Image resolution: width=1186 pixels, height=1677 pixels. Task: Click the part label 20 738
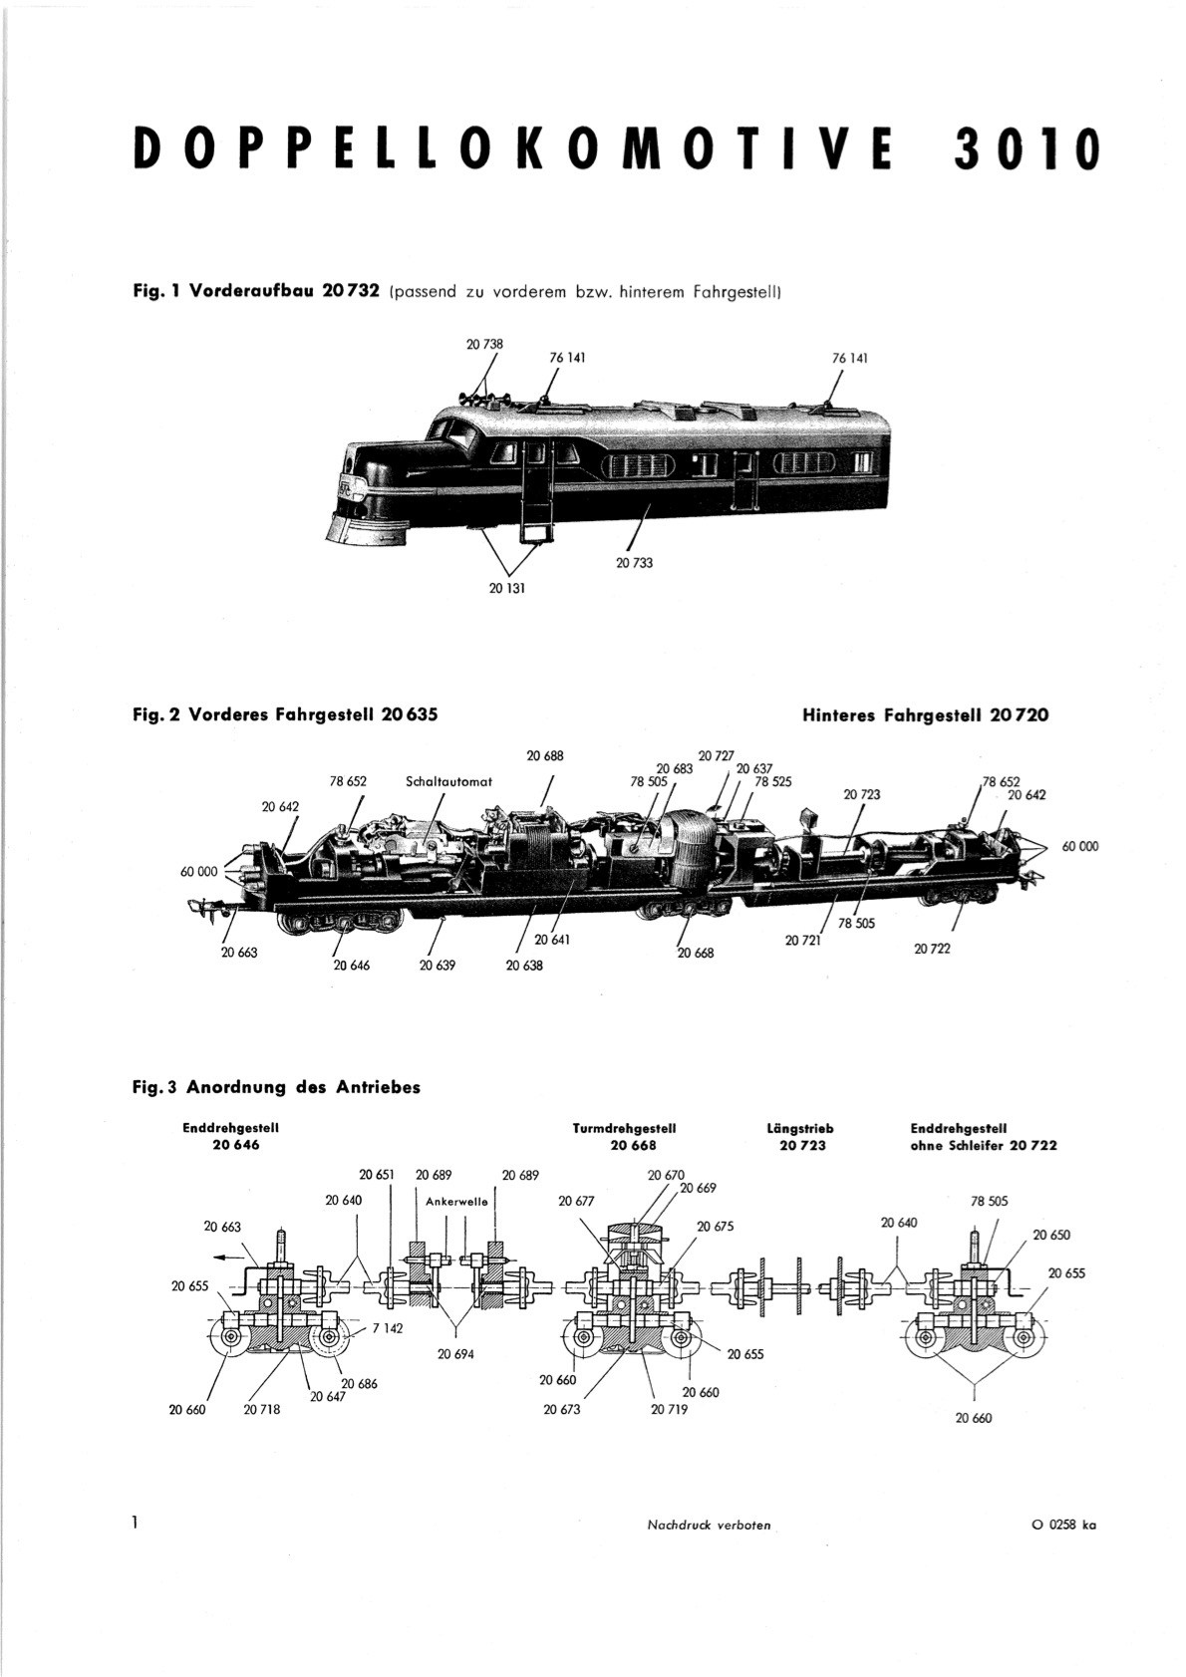pyautogui.click(x=484, y=345)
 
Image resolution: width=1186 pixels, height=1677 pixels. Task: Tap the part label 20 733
pyautogui.click(x=634, y=563)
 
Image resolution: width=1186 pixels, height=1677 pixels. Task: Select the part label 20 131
pyautogui.click(x=507, y=589)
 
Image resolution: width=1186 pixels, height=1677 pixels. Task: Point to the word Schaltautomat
pyautogui.click(x=449, y=781)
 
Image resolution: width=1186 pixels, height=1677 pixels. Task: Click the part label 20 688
pyautogui.click(x=545, y=756)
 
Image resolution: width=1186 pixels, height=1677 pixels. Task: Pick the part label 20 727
pyautogui.click(x=717, y=755)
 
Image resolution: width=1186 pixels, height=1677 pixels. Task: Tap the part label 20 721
pyautogui.click(x=803, y=941)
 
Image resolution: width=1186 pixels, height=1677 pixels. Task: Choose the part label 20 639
pyautogui.click(x=438, y=966)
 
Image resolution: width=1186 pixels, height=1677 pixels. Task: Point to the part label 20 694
pyautogui.click(x=456, y=1354)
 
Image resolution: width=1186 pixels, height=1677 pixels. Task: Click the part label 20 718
pyautogui.click(x=262, y=1410)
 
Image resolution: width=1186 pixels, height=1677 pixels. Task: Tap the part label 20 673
pyautogui.click(x=561, y=1410)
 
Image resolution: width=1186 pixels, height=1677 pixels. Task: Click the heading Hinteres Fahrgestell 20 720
pyautogui.click(x=926, y=715)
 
